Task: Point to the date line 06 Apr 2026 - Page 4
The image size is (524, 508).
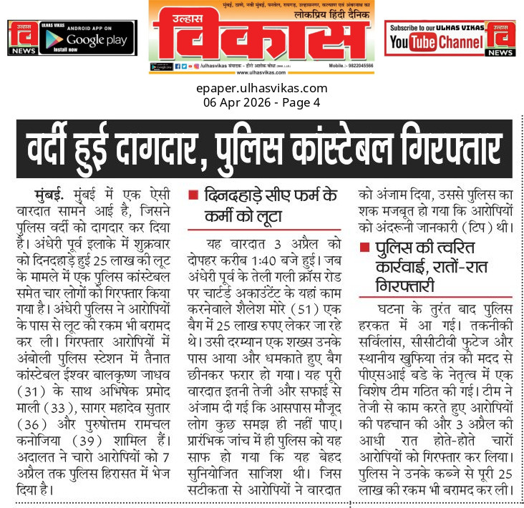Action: pos(261,102)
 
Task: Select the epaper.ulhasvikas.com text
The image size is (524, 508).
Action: pos(261,89)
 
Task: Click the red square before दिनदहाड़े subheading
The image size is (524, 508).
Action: pos(193,194)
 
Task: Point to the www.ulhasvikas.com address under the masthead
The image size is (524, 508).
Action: pos(261,72)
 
